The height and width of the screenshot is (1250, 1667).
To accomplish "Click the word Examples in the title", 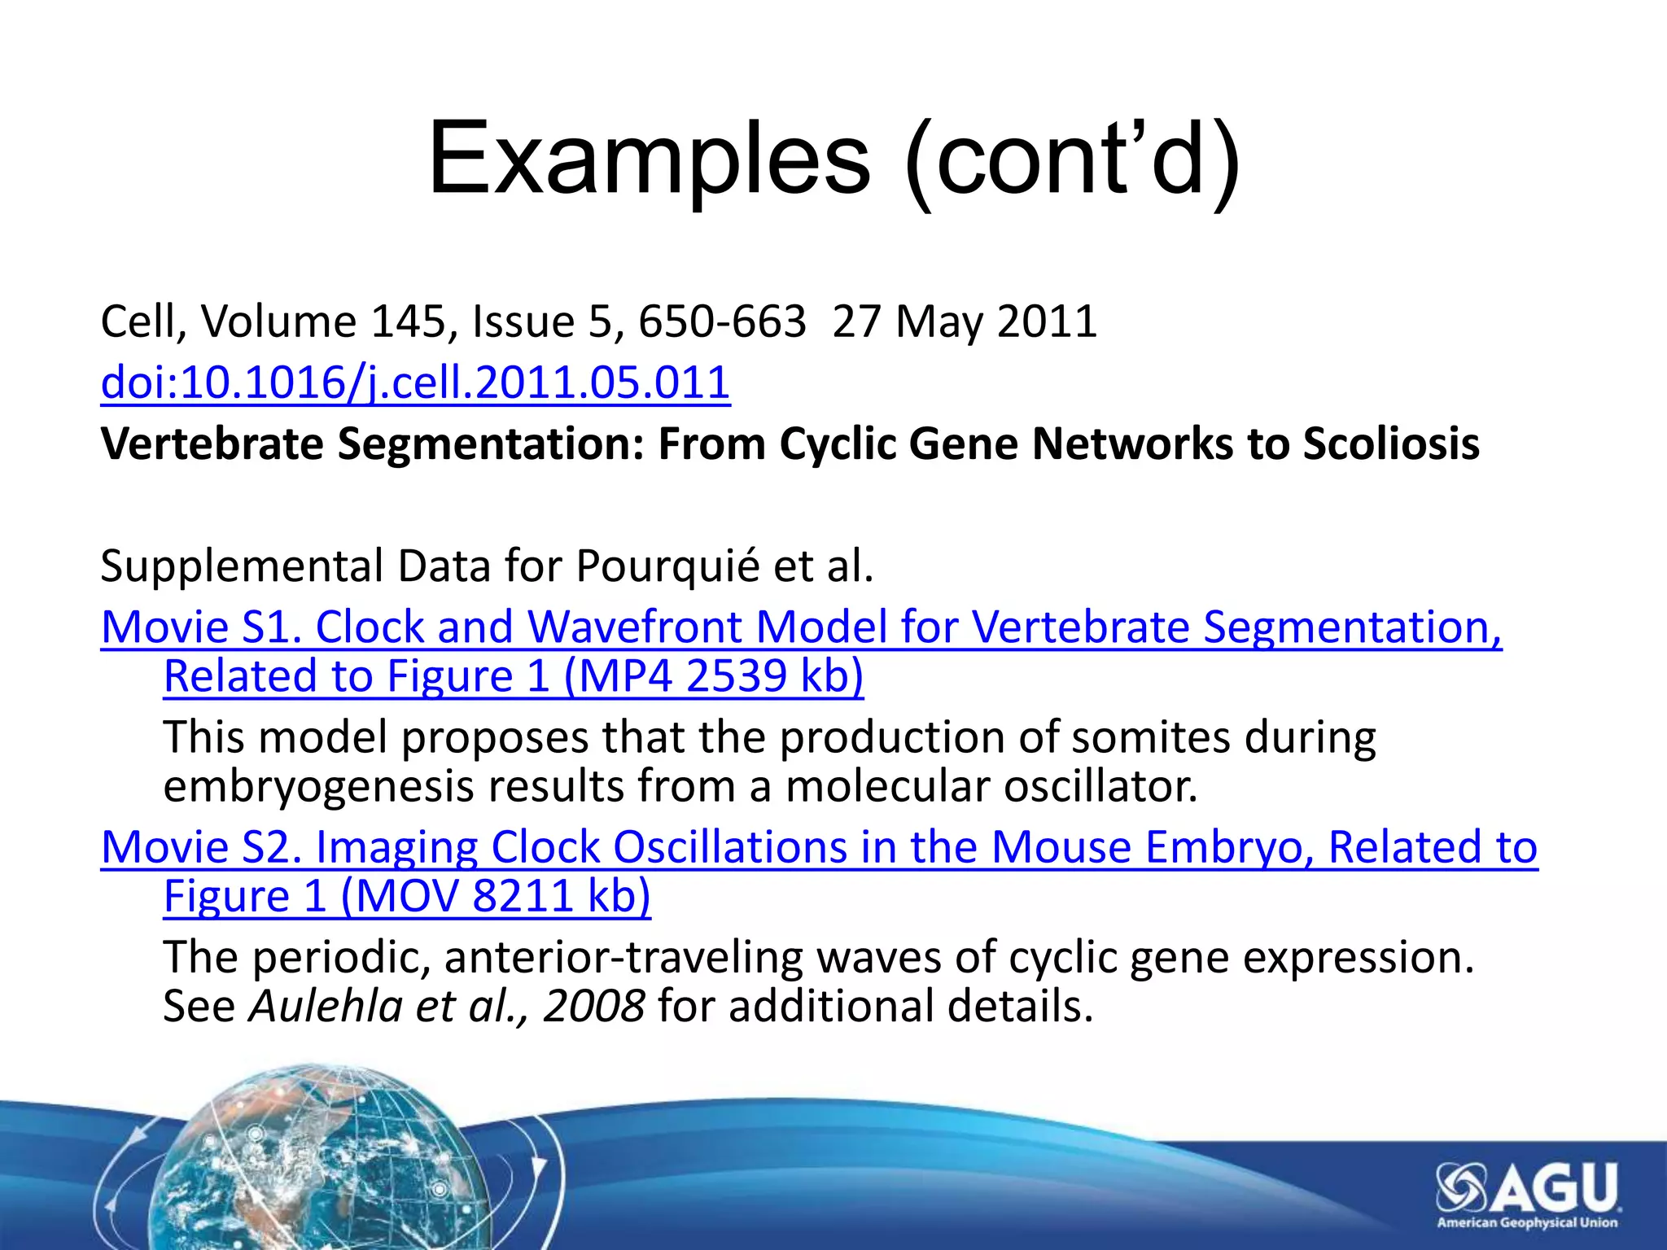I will [649, 159].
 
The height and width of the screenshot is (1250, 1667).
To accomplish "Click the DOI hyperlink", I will [415, 382].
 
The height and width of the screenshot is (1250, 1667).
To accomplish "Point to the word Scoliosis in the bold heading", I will [1391, 444].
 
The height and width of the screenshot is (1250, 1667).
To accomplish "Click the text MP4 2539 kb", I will [713, 676].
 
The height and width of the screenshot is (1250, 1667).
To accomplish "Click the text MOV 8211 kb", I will [495, 896].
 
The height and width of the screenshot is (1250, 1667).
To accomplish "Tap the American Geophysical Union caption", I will [1527, 1222].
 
